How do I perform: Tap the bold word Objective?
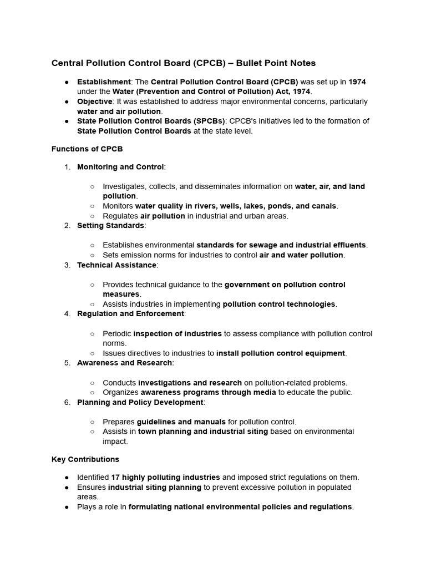pyautogui.click(x=94, y=102)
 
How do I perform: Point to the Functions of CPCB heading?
pyautogui.click(x=87, y=149)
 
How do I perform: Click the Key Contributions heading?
pyautogui.click(x=85, y=459)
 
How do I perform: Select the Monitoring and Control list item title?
pyautogui.click(x=120, y=166)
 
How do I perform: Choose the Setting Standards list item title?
pyautogui.click(x=110, y=225)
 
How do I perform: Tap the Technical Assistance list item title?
pyautogui.click(x=116, y=265)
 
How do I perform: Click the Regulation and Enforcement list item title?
pyautogui.click(x=130, y=313)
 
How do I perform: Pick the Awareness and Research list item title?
pyautogui.click(x=124, y=363)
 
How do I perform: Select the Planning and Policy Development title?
pyautogui.click(x=140, y=402)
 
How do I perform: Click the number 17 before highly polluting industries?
pyautogui.click(x=115, y=477)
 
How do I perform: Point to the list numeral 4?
pyautogui.click(x=67, y=313)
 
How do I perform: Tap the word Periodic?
pyautogui.click(x=116, y=333)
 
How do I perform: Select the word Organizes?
pyautogui.click(x=119, y=392)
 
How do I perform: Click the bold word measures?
pyautogui.click(x=121, y=294)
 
